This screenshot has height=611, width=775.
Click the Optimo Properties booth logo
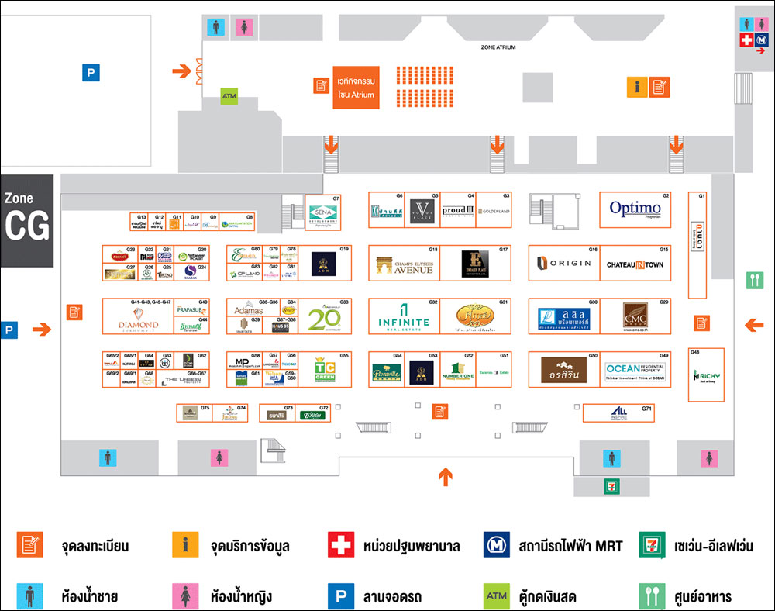[x=635, y=209]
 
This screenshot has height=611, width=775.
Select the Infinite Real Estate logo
[x=404, y=318]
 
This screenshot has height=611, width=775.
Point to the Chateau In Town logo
[x=635, y=264]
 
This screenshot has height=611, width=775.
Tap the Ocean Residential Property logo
[x=635, y=370]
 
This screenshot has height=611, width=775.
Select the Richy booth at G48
[x=706, y=376]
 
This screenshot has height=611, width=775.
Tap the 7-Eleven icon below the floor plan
[x=611, y=485]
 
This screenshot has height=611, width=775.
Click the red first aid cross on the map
[x=746, y=40]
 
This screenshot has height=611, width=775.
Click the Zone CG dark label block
[x=27, y=220]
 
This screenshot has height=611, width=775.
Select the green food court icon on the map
[x=755, y=280]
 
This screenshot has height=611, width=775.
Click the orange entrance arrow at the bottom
[x=446, y=476]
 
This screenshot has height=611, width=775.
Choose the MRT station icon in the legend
[x=495, y=546]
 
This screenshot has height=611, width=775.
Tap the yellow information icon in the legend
[x=185, y=546]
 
